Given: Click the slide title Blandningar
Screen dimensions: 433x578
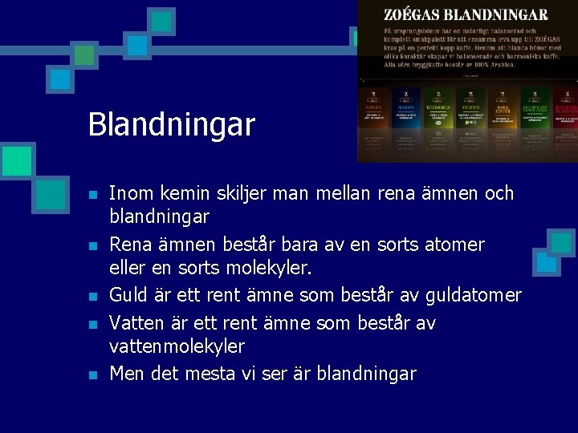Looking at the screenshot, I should click(x=171, y=124).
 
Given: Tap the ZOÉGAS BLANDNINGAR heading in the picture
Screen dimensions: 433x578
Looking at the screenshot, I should click(x=466, y=15).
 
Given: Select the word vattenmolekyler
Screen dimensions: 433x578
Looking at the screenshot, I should click(x=177, y=346).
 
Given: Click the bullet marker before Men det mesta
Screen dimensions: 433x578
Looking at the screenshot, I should click(x=93, y=374).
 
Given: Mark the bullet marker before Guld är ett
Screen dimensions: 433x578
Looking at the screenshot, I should click(x=93, y=297).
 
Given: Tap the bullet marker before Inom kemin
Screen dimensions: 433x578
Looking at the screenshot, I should click(x=93, y=195).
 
